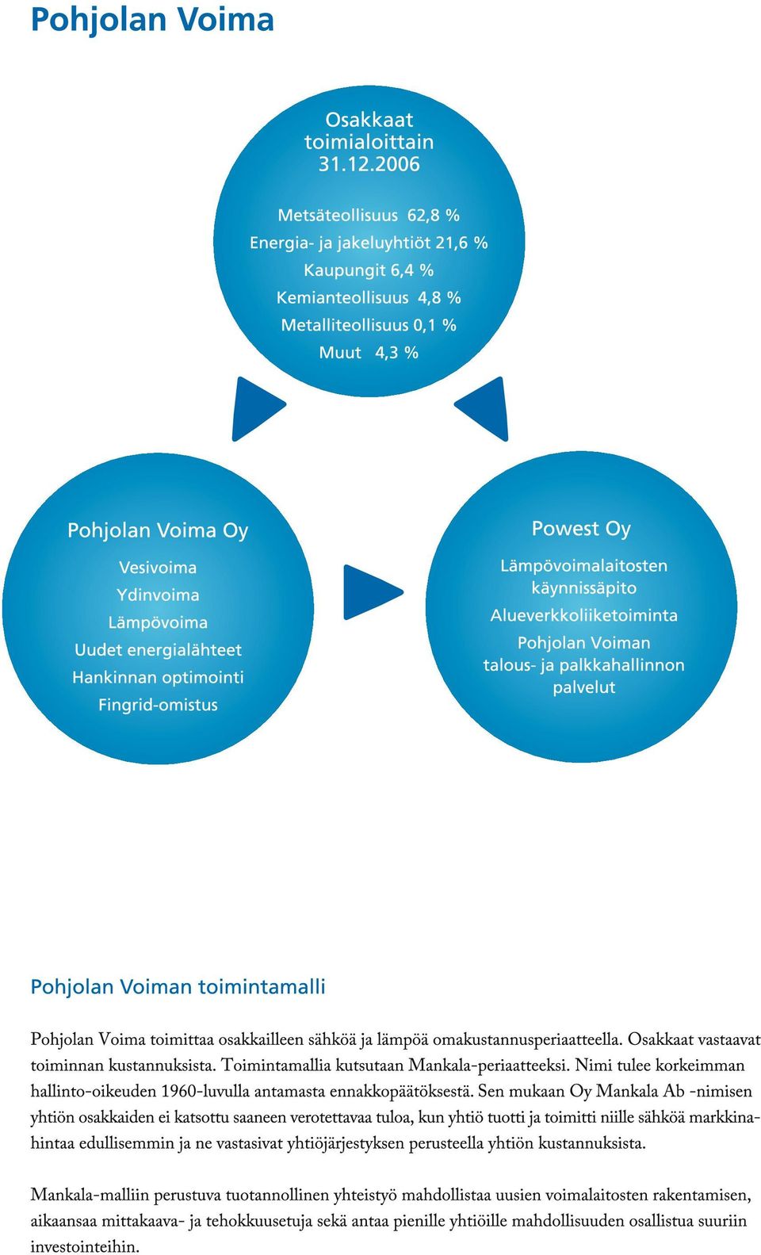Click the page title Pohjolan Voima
pyautogui.click(x=152, y=20)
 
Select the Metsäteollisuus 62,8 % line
pyautogui.click(x=369, y=215)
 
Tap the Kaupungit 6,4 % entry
pyautogui.click(x=369, y=270)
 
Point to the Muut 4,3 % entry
pyautogui.click(x=369, y=353)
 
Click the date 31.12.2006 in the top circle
pyautogui.click(x=369, y=163)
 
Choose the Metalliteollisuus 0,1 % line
pyautogui.click(x=369, y=326)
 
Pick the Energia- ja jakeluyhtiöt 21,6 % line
pyautogui.click(x=369, y=243)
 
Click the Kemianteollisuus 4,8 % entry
pyautogui.click(x=369, y=298)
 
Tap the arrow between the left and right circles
pyautogui.click(x=373, y=591)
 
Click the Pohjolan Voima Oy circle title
pyautogui.click(x=158, y=530)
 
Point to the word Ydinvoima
pyautogui.click(x=158, y=595)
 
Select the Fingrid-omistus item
pyautogui.click(x=158, y=705)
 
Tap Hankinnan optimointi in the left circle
pyautogui.click(x=158, y=677)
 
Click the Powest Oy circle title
pyautogui.click(x=581, y=529)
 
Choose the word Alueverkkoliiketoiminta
pyautogui.click(x=584, y=616)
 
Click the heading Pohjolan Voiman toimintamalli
pyautogui.click(x=178, y=986)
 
